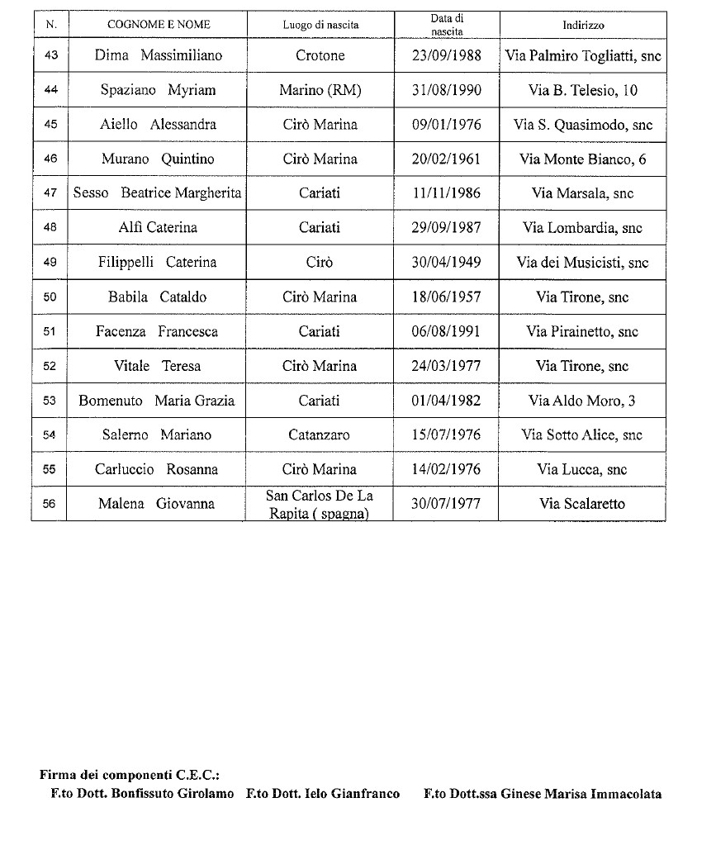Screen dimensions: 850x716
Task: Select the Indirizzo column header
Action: (x=582, y=25)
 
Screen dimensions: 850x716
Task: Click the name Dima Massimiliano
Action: (x=159, y=56)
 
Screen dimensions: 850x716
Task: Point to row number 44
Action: (x=50, y=91)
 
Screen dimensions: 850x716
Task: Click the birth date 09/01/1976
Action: (x=446, y=125)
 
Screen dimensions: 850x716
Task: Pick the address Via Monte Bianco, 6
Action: (x=582, y=159)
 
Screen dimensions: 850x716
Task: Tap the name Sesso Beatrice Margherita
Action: (x=157, y=193)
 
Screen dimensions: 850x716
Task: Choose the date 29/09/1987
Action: (x=446, y=228)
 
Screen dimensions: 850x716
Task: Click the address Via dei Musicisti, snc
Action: (x=582, y=263)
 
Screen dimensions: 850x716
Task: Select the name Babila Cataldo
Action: (x=157, y=297)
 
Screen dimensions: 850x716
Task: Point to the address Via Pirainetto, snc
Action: (x=582, y=331)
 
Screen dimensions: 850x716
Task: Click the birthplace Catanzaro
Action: (x=320, y=434)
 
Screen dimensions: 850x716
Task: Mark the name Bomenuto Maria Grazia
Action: (x=157, y=401)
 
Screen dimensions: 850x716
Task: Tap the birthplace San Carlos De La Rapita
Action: (x=320, y=504)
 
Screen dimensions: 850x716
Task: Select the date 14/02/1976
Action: (x=446, y=469)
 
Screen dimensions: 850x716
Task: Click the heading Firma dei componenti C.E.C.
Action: (x=129, y=775)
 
